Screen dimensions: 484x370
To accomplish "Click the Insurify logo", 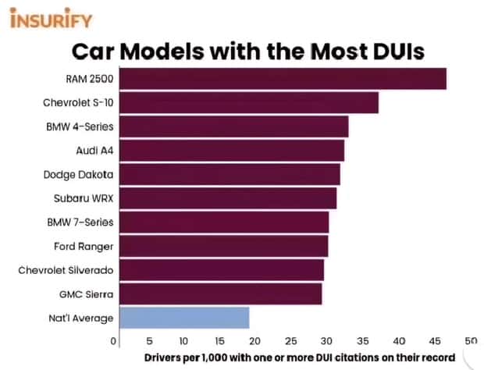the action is click(51, 18).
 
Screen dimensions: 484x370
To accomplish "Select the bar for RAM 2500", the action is click(283, 79).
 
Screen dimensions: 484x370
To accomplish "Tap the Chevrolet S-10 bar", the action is click(249, 102).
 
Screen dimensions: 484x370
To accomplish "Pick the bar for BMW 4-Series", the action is click(234, 126).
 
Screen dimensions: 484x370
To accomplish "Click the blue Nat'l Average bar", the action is click(184, 318).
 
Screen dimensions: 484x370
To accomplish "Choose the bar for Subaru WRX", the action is click(228, 198).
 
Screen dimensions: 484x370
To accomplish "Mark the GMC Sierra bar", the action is click(221, 294).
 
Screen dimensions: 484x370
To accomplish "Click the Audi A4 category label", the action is click(94, 151).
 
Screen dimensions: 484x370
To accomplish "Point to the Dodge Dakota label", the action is click(78, 175).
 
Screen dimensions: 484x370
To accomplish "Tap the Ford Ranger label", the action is click(84, 247).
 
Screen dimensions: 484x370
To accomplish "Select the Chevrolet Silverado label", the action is click(66, 270).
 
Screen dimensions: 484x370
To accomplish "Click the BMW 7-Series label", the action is click(80, 222).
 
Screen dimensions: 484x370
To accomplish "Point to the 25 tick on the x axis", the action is click(290, 341).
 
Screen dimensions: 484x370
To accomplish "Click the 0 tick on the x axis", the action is click(113, 341).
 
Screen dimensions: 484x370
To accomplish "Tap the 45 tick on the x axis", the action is click(435, 341).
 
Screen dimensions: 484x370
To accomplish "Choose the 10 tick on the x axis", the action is click(183, 341).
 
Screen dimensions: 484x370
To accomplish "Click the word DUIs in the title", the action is click(398, 52).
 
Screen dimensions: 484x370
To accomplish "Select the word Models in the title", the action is click(162, 52).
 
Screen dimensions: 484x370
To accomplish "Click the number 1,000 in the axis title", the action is click(215, 358).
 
